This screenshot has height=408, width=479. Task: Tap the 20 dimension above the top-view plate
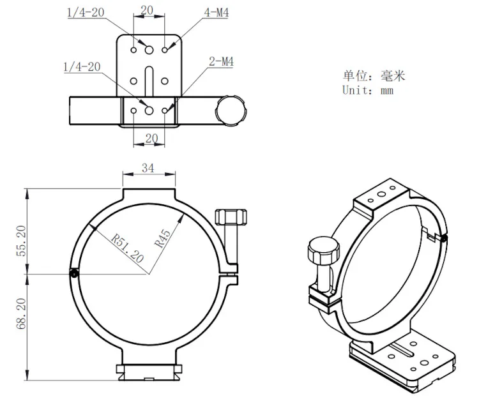tap(148, 11)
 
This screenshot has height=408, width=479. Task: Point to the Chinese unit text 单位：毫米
tap(374, 76)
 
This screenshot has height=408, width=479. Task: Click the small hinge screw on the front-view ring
tap(75, 273)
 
